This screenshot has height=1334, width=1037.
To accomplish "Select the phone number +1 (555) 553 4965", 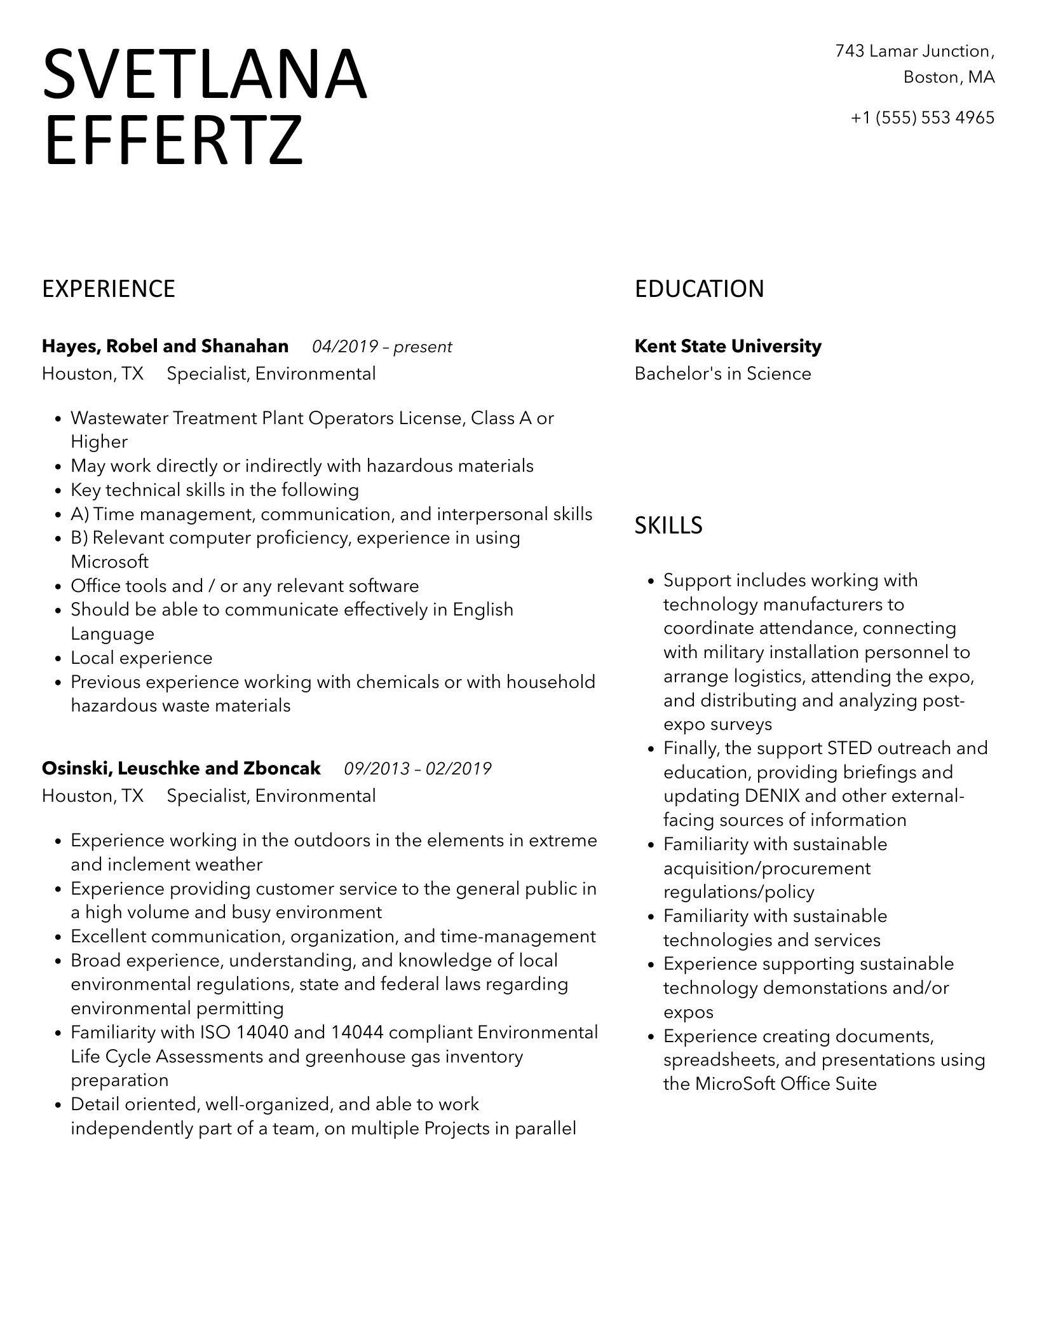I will (922, 118).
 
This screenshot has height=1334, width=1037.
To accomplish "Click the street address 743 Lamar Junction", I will (914, 51).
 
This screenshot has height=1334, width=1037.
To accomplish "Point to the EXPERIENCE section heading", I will (109, 289).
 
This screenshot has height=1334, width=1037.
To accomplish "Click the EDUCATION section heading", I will (699, 289).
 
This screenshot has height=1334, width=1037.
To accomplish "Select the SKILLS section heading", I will (668, 525).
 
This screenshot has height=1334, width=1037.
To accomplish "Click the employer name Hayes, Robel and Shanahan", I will (165, 347).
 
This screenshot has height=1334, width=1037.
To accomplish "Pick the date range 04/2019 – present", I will (382, 347).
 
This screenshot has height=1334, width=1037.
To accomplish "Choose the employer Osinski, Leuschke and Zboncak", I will (181, 768).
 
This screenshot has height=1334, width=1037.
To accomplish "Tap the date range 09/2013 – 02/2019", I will (417, 769).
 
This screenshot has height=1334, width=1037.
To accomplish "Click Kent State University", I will (728, 347).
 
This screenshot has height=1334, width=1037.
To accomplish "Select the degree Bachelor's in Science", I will (722, 373).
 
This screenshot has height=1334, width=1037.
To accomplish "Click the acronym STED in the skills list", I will (850, 748).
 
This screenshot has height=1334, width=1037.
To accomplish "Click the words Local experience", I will (141, 657).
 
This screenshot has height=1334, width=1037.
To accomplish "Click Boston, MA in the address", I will (949, 78).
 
